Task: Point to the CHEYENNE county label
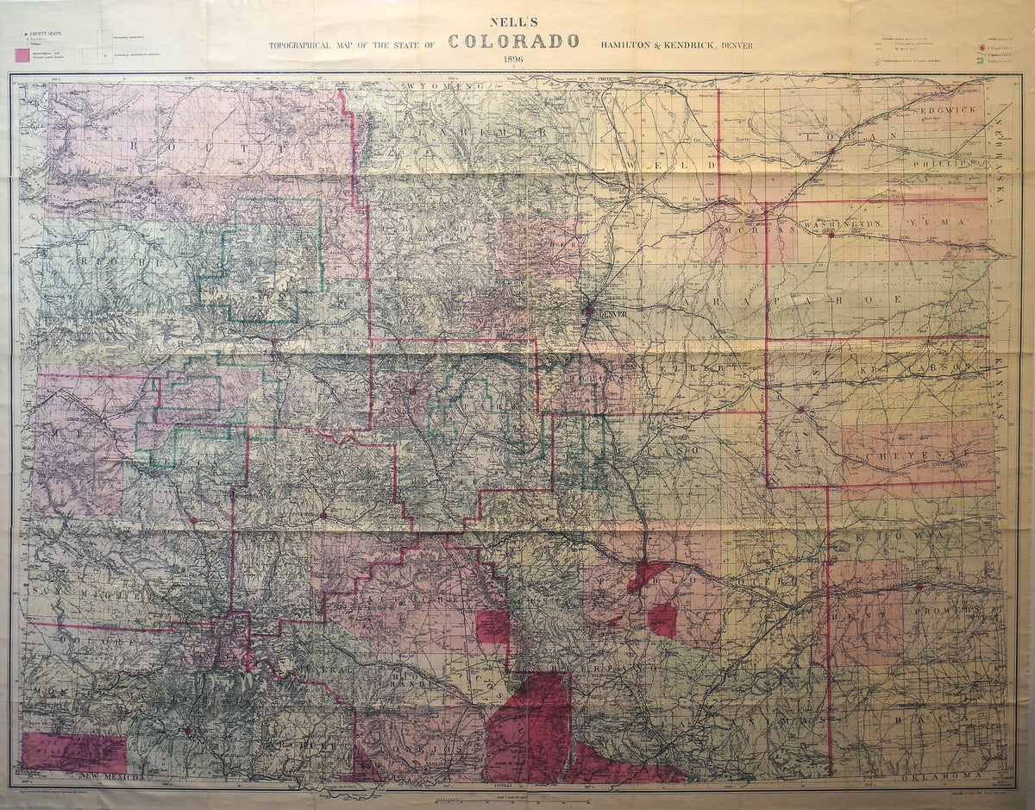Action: coord(918,453)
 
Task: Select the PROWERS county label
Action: coord(954,610)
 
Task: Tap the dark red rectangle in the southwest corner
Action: coord(73,752)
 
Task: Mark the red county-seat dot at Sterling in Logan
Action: coord(831,151)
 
